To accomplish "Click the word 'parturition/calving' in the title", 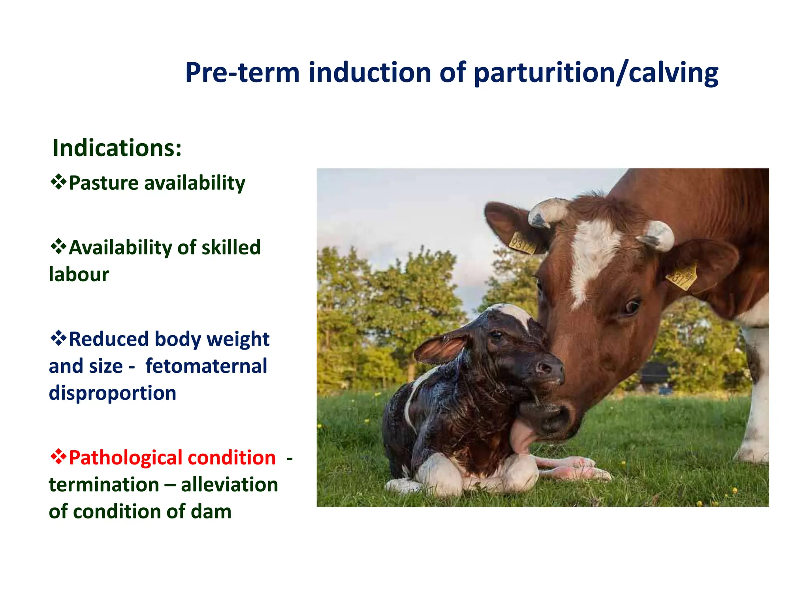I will pyautogui.click(x=596, y=74).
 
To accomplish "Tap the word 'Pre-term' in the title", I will pyautogui.click(x=242, y=73).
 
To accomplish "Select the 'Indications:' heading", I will pyautogui.click(x=117, y=148).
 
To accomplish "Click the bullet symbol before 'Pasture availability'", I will pyautogui.click(x=58, y=182).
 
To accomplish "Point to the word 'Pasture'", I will pyautogui.click(x=103, y=183).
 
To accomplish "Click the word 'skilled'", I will pyautogui.click(x=231, y=248).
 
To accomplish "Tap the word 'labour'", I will pyautogui.click(x=79, y=275).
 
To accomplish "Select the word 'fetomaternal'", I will pyautogui.click(x=206, y=366).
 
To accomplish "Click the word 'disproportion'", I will pyautogui.click(x=113, y=393).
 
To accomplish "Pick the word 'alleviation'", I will pyautogui.click(x=229, y=485).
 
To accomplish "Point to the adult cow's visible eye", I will pyautogui.click(x=631, y=307).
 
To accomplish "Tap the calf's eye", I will pyautogui.click(x=496, y=335).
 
